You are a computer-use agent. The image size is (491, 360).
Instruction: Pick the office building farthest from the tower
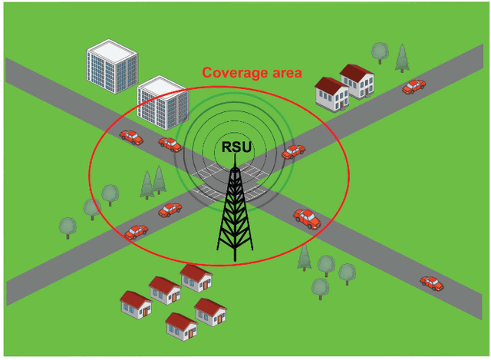click(x=111, y=67)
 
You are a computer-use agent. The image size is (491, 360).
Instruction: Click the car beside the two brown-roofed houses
click(x=414, y=87)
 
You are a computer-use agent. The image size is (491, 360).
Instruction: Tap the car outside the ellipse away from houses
click(x=432, y=283)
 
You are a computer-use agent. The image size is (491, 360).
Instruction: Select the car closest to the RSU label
click(x=293, y=152)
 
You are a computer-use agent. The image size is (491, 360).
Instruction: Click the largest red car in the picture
click(x=307, y=219)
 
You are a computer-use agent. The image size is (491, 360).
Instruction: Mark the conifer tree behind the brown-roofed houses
click(x=402, y=58)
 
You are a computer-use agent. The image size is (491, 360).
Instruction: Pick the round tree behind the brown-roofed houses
click(x=380, y=52)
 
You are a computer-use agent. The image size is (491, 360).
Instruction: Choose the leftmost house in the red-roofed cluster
click(x=136, y=305)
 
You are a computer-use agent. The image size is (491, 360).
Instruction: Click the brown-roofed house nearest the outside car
click(x=357, y=80)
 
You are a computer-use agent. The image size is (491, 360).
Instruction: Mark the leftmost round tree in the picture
click(x=68, y=227)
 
